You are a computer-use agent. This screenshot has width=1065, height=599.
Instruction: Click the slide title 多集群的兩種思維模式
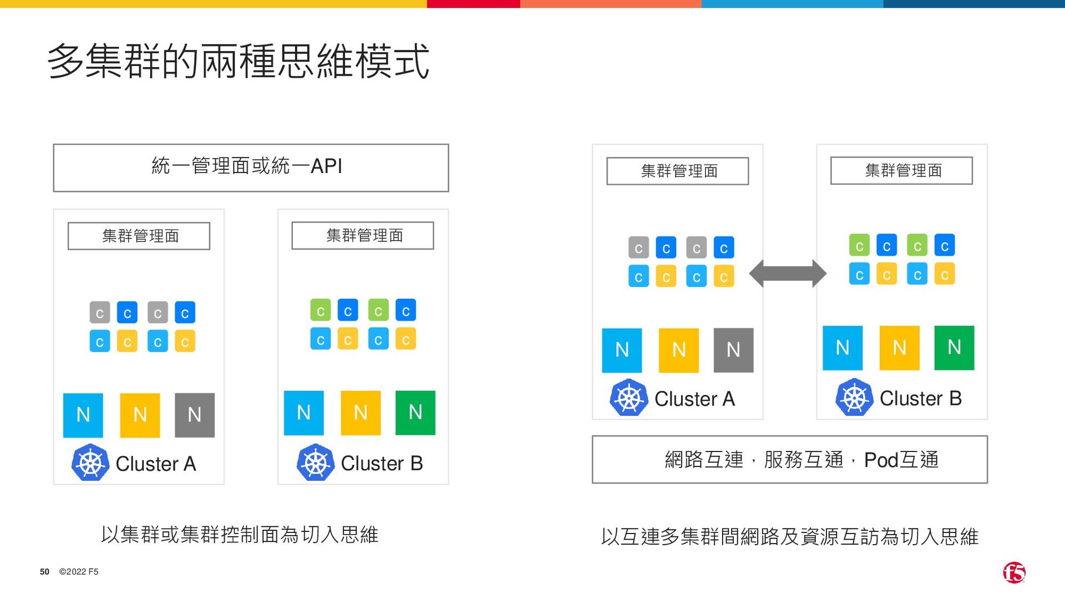click(x=239, y=61)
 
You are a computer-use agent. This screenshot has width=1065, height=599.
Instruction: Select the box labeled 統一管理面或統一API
click(x=251, y=167)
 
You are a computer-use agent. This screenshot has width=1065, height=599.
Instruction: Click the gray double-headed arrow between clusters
click(x=788, y=273)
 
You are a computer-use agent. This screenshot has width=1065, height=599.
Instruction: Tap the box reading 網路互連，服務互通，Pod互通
click(x=789, y=459)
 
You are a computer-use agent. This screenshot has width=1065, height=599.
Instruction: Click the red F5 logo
click(x=1014, y=572)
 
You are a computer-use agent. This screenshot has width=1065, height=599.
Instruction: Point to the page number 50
click(x=44, y=572)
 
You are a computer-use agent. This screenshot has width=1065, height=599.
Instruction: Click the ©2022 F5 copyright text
click(x=79, y=572)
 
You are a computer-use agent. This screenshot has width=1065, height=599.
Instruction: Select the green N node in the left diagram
click(x=415, y=413)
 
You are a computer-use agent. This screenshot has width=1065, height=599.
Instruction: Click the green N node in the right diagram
click(x=954, y=348)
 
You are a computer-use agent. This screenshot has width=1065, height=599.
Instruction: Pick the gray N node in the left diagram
click(x=194, y=415)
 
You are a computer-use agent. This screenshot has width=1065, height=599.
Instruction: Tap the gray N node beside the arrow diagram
click(x=733, y=350)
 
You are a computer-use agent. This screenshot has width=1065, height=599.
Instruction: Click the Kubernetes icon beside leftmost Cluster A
click(x=90, y=463)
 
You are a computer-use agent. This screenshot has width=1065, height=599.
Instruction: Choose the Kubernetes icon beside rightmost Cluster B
click(x=854, y=398)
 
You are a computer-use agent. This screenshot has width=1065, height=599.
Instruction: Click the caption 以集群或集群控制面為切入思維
click(x=240, y=535)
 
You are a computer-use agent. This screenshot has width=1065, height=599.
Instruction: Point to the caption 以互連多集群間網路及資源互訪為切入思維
click(x=789, y=536)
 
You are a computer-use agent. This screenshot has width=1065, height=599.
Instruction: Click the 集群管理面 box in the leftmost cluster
click(x=139, y=236)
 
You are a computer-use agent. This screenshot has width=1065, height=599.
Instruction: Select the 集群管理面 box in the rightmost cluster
click(x=901, y=171)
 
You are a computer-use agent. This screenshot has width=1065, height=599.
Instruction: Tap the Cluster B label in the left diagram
click(x=382, y=463)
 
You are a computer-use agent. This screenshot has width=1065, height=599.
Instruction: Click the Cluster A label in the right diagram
click(x=694, y=399)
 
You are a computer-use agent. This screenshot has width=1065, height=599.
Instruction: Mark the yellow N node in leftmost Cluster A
click(x=140, y=415)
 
